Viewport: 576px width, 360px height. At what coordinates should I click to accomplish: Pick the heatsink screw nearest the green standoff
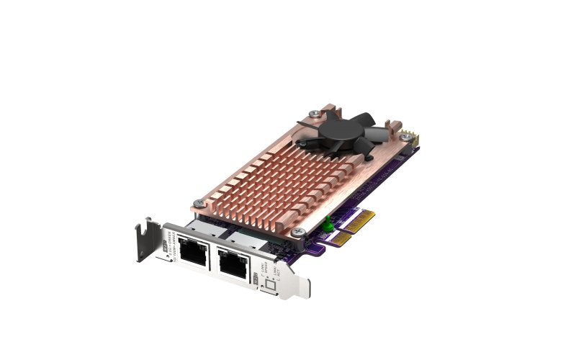coord(300,232)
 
